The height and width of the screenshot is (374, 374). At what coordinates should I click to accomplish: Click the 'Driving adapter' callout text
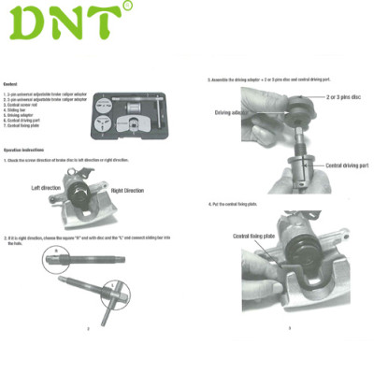pos(234,112)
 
